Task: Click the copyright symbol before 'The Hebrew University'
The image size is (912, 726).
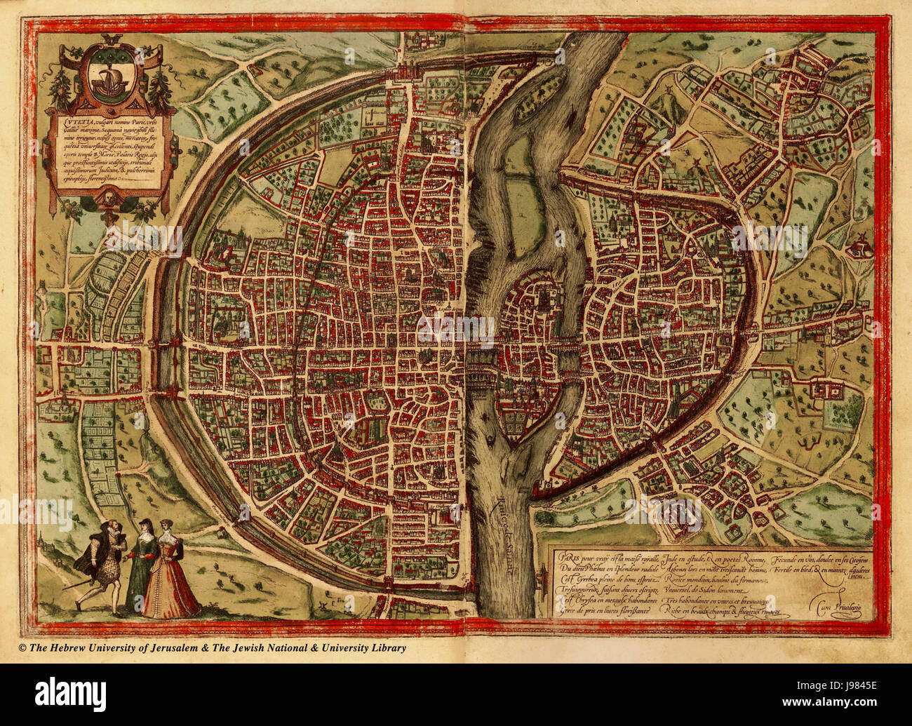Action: point(22,648)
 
